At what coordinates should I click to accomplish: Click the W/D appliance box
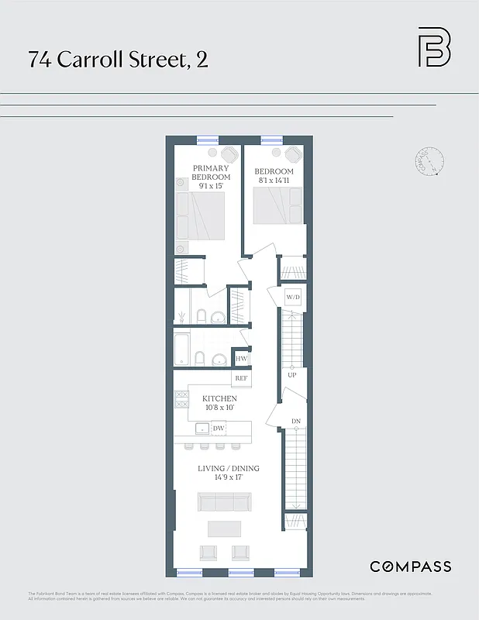(x=292, y=297)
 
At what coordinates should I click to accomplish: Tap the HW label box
(x=241, y=360)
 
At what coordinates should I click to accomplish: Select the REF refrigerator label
(x=241, y=378)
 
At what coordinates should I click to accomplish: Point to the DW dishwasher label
(x=219, y=428)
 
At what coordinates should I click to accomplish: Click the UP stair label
(x=292, y=375)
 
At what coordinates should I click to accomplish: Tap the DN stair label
(x=295, y=422)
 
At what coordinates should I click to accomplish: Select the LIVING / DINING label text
(x=228, y=468)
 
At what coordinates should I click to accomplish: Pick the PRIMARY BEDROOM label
(x=212, y=172)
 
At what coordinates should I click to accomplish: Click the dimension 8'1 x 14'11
(x=274, y=181)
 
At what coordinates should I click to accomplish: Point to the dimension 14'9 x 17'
(x=228, y=478)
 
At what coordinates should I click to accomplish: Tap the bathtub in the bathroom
(x=181, y=350)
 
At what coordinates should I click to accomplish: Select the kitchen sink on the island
(x=202, y=428)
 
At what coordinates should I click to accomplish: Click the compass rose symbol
(x=430, y=161)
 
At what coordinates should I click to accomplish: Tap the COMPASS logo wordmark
(x=410, y=567)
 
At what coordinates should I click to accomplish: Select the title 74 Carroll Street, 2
(x=118, y=60)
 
